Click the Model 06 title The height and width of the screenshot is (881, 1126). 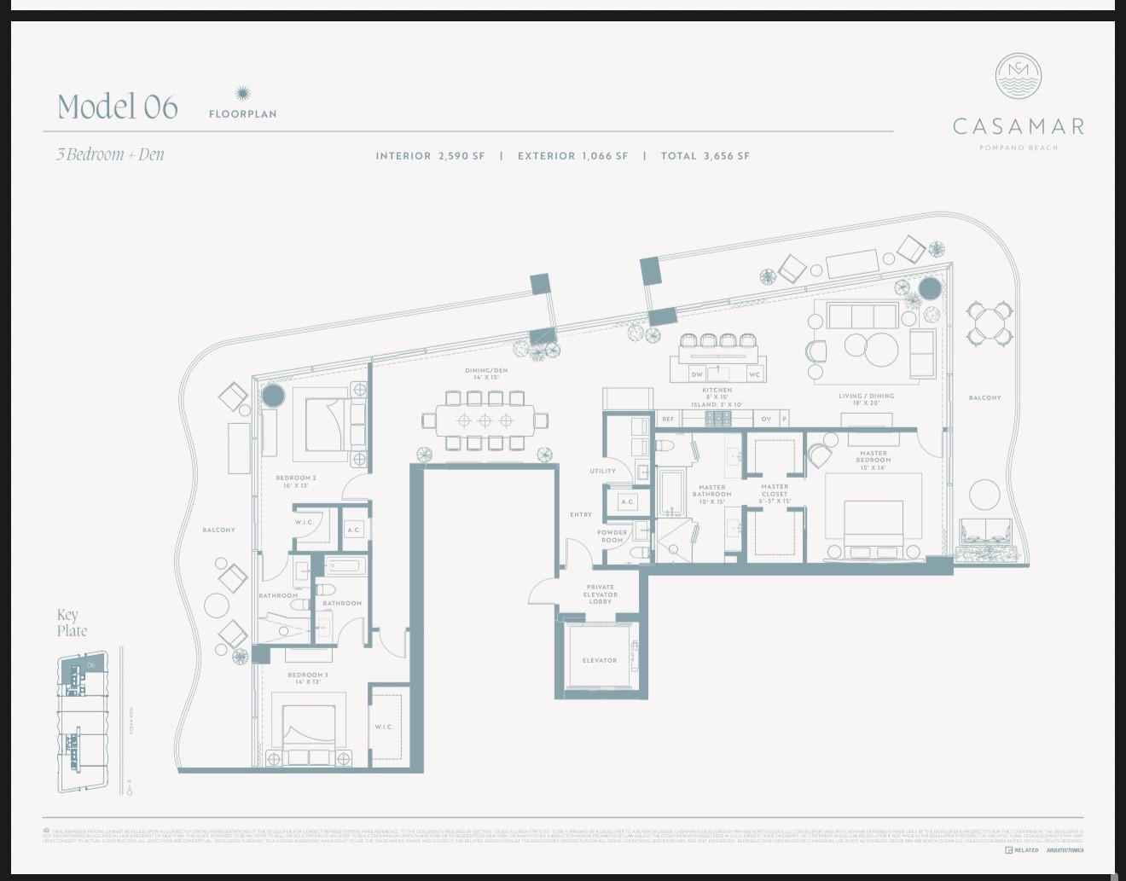(x=118, y=107)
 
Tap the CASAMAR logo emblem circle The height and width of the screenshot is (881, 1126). (x=1019, y=76)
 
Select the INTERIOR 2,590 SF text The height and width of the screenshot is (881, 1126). (x=430, y=156)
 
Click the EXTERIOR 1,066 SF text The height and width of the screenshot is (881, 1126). (x=572, y=156)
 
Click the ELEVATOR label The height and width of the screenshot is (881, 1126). (x=600, y=660)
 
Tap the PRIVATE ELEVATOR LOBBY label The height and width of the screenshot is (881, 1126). (x=600, y=594)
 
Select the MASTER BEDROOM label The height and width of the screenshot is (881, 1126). (x=873, y=456)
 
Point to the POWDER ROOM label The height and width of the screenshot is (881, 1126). (x=612, y=536)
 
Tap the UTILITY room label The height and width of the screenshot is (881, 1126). (x=602, y=471)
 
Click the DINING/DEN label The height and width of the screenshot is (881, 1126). (x=486, y=374)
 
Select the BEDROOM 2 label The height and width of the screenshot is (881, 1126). (x=296, y=481)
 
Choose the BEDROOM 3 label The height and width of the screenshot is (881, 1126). (x=308, y=678)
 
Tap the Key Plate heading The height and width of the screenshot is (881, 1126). (x=72, y=623)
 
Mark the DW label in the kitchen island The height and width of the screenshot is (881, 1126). (x=697, y=374)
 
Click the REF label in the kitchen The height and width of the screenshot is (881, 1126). (x=668, y=419)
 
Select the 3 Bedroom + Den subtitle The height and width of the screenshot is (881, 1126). (x=110, y=154)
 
